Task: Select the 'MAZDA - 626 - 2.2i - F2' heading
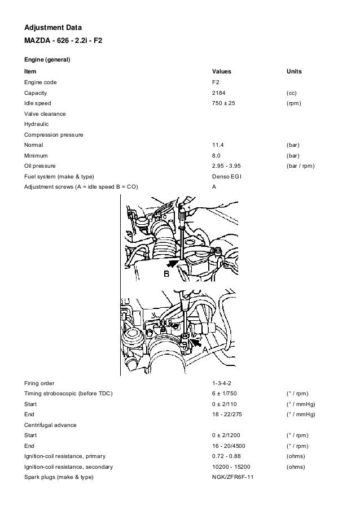point(63,41)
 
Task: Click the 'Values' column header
point(221,72)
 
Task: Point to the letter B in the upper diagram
point(166,274)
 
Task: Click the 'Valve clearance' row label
point(45,114)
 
